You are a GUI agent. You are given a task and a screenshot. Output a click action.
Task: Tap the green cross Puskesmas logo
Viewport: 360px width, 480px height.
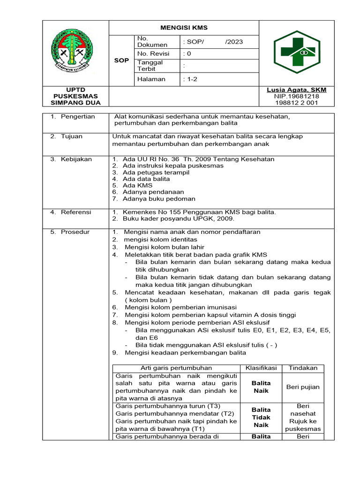point(296,52)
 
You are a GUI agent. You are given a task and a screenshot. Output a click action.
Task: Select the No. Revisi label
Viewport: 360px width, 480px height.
point(153,54)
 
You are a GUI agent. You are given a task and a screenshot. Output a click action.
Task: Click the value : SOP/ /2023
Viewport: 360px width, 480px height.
point(213,42)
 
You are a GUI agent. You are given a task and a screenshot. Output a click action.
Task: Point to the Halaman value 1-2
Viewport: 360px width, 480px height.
point(191,79)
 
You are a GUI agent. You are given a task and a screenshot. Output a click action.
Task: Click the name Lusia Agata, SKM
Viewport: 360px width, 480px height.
point(296,90)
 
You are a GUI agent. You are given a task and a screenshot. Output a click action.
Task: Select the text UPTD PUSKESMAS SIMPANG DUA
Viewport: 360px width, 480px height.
point(75,96)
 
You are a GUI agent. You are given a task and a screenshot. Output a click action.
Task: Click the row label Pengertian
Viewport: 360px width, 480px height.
point(77,116)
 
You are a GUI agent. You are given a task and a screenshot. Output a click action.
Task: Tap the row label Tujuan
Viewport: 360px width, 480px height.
point(71,136)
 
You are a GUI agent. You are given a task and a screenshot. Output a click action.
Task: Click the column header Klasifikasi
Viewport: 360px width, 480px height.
point(261,368)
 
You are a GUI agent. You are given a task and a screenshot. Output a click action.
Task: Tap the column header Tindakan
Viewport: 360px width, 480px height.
point(303,368)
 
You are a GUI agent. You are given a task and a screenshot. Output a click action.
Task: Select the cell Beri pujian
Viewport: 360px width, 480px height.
point(303,387)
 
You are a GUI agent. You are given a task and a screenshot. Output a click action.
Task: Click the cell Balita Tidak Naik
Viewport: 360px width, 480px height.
point(261,417)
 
